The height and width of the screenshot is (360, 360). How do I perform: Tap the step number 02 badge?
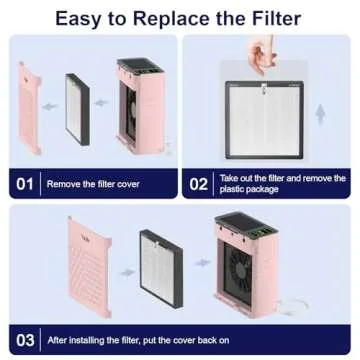(x=199, y=183)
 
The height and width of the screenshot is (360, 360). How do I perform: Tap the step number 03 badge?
(x=25, y=338)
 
